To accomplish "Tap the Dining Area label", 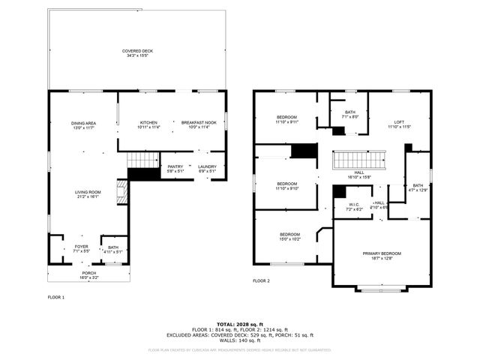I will coord(83,125).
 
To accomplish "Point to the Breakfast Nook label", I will coord(199,125).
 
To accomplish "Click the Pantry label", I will coord(175,169).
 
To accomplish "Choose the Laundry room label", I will coord(207,169).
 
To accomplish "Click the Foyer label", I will coord(81,248).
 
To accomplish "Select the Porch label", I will coord(88,275).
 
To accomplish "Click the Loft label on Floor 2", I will coord(400,124).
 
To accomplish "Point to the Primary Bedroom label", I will coord(382,256).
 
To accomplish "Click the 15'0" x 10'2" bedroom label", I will coord(289,236).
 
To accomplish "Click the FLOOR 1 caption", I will coord(56,298).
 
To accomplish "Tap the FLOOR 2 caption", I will coord(261,280).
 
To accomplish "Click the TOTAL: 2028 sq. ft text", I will coord(239,323).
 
